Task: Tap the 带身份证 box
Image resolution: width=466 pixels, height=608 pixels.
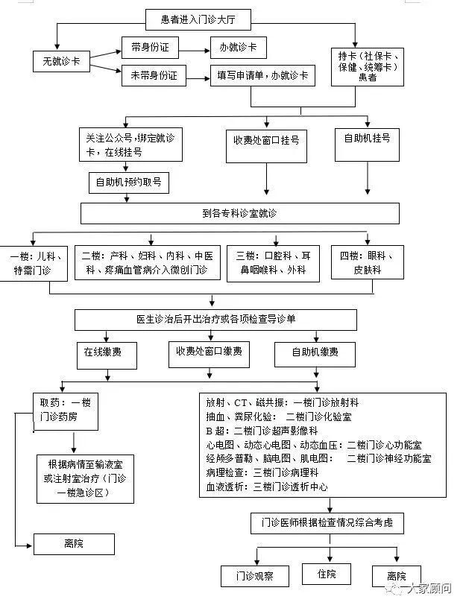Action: pos(150,48)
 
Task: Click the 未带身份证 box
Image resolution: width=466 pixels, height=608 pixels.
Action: pos(154,75)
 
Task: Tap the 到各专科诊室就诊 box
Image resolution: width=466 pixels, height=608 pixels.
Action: pos(239,214)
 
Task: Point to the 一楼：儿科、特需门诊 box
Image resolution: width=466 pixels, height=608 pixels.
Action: pos(34,263)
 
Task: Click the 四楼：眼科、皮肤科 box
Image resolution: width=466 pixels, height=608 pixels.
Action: pos(367,263)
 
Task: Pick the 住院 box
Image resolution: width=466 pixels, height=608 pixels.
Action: pos(326,574)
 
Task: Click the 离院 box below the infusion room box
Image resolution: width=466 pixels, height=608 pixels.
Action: pos(74,544)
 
